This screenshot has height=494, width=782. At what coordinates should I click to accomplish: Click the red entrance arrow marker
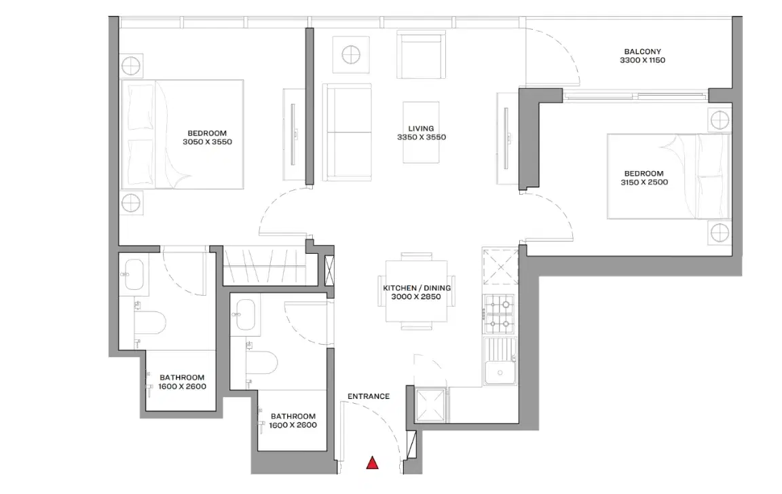click(372, 463)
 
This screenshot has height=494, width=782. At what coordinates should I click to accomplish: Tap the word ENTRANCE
click(368, 397)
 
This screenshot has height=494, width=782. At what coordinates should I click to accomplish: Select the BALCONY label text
click(642, 52)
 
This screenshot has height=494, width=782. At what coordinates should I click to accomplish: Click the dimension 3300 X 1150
click(642, 60)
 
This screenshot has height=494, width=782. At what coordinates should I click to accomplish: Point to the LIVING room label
click(421, 128)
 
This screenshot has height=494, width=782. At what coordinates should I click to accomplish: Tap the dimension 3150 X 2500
click(644, 183)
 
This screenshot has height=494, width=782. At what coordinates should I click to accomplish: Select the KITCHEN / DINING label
click(417, 288)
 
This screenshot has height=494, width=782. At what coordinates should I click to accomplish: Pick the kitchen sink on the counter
click(502, 370)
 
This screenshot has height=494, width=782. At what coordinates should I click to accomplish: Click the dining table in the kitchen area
click(417, 291)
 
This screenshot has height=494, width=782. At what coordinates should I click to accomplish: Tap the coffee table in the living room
click(421, 132)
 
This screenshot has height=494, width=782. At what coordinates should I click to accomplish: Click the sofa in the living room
click(347, 132)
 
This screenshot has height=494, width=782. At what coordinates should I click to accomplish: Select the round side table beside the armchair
click(351, 54)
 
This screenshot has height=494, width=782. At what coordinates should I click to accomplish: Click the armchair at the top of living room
click(420, 54)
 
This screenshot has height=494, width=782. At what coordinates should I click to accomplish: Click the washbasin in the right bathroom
click(244, 313)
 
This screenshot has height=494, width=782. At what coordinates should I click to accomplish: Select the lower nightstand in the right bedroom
click(719, 233)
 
